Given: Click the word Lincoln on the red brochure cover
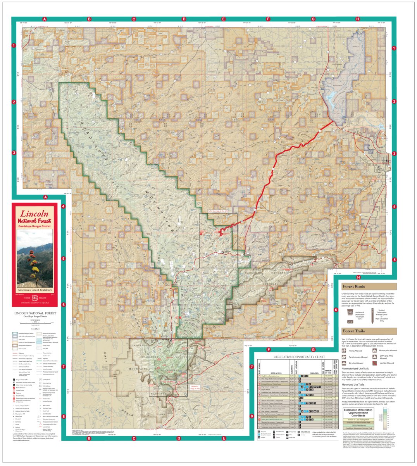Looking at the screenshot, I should click(x=34, y=213).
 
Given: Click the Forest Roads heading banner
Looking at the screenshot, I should click(x=369, y=287).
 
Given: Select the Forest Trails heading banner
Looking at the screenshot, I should click(x=369, y=331).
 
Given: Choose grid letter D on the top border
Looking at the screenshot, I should click(x=184, y=19).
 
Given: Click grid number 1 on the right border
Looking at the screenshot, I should click(x=395, y=48).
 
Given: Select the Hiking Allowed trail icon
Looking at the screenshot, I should click(x=345, y=350).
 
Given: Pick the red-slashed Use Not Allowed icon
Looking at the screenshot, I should click(x=375, y=363).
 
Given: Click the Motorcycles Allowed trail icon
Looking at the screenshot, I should click(x=375, y=350).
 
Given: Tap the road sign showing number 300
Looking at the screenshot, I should click(x=350, y=312).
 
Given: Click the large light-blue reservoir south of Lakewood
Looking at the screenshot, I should click(x=330, y=97).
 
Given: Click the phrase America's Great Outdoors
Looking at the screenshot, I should click(x=35, y=290).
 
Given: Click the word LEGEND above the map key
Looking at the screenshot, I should click(x=35, y=328).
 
